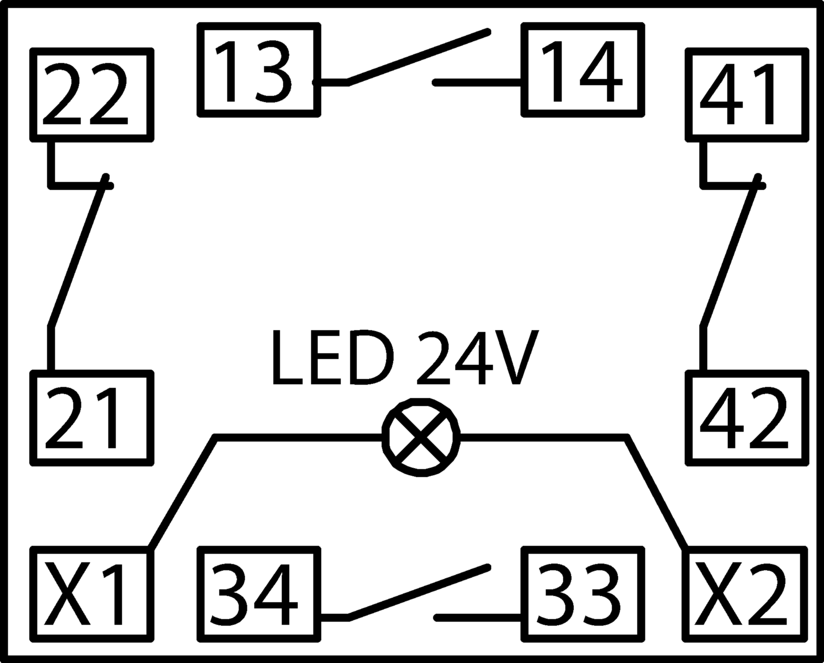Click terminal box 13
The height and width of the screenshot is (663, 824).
point(259,70)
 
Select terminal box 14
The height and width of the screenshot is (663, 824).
point(583,70)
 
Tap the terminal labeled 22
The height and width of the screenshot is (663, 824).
point(92,95)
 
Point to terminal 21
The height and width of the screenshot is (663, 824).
point(92,418)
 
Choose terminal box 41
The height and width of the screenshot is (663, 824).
point(747,95)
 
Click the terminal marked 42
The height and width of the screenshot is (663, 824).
point(747,418)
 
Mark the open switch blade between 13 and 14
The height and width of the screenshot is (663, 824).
point(418,57)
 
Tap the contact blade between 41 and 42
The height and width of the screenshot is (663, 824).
point(730,256)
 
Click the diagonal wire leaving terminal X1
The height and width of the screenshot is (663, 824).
point(183,492)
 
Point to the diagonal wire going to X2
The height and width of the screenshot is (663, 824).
point(657,492)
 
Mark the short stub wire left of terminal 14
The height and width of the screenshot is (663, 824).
point(477,83)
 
